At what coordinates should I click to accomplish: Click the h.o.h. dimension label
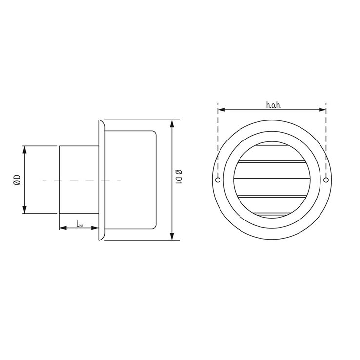click(274, 105)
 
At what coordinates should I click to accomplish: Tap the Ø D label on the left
click(17, 180)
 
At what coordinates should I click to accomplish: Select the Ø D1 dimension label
click(179, 177)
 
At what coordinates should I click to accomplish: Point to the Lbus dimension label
click(80, 223)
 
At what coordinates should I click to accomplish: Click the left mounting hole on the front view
click(218, 180)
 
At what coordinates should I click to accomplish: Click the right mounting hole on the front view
click(326, 180)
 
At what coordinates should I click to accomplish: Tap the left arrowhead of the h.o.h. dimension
click(221, 110)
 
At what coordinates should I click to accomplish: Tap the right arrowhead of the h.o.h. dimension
click(322, 110)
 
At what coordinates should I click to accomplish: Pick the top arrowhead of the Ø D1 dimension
click(172, 123)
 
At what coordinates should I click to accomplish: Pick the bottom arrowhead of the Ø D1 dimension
click(172, 237)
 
